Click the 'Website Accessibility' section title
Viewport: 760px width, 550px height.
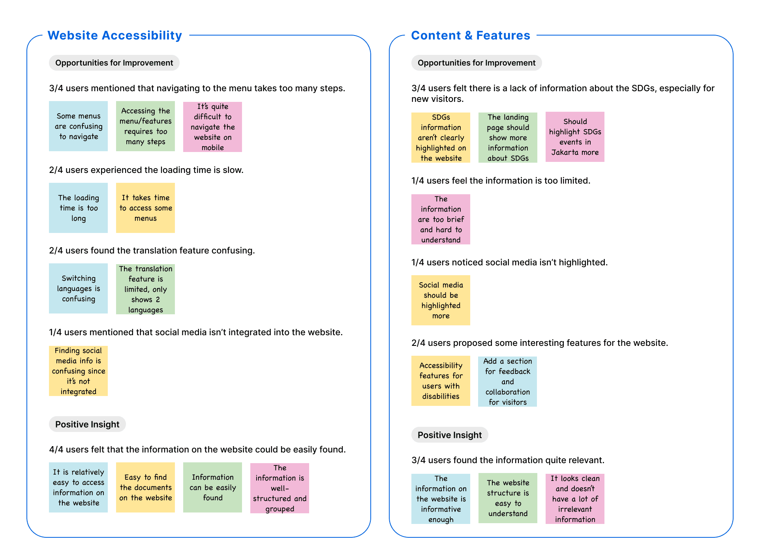point(114,36)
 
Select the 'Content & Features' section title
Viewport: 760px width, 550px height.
point(470,36)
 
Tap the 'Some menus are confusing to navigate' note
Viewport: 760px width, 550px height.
point(78,126)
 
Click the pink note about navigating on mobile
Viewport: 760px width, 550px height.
point(212,127)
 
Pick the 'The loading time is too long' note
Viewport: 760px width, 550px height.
point(78,208)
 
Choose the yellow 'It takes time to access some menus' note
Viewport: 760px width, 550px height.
point(145,208)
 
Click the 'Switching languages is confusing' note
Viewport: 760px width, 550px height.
point(78,288)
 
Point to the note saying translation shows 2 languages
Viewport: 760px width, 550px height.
point(145,289)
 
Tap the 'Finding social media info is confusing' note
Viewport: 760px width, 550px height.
point(78,371)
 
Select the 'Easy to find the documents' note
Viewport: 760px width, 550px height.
point(145,487)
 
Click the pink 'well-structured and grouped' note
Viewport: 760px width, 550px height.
point(280,488)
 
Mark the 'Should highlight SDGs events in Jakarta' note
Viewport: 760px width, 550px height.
point(575,137)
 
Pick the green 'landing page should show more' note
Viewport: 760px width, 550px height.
point(508,137)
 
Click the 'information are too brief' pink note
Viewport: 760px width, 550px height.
point(441,219)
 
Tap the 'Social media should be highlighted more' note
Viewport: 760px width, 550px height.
point(441,300)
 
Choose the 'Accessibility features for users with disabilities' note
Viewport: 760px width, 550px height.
point(441,381)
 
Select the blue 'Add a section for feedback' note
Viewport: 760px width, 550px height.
point(507,381)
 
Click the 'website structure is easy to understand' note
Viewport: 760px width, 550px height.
point(508,498)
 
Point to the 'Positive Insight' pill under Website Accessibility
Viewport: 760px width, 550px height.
point(87,424)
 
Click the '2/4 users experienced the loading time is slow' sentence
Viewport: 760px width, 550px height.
point(146,170)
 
